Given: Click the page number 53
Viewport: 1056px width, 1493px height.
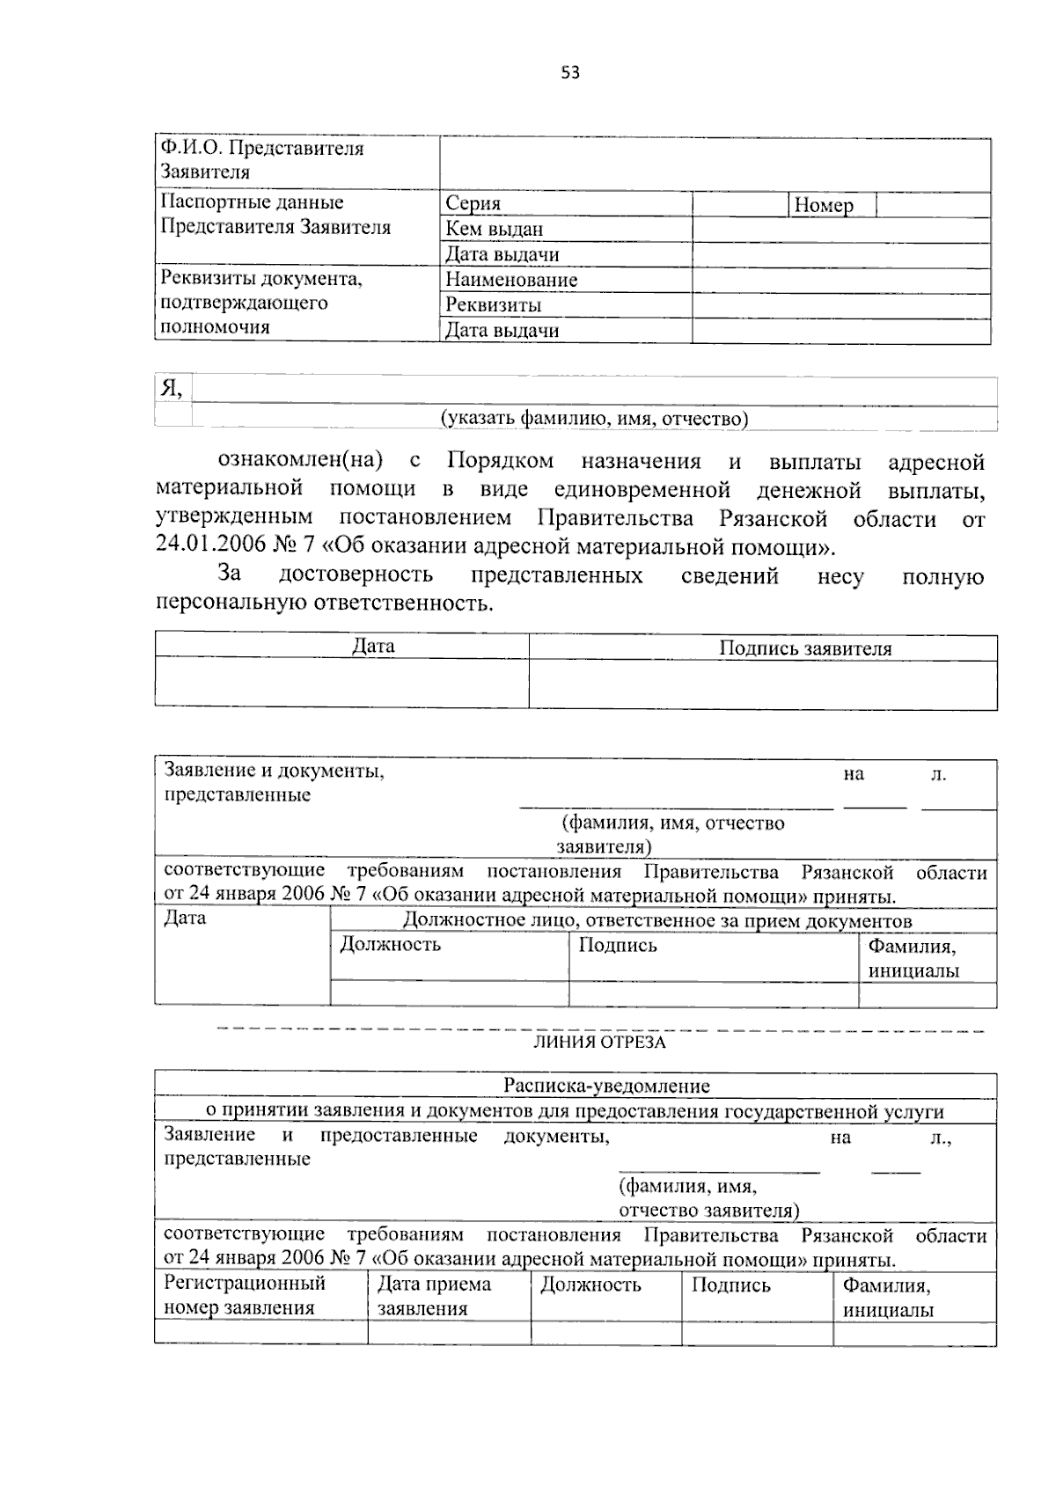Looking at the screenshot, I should click(570, 73).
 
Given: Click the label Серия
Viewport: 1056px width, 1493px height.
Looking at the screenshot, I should click(473, 204).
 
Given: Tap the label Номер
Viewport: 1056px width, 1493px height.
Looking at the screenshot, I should click(824, 206).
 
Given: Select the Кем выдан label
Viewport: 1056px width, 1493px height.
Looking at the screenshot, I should click(494, 230).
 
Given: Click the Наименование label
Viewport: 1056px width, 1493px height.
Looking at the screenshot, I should click(511, 281).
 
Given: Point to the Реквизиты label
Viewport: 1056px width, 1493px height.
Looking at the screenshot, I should click(493, 306).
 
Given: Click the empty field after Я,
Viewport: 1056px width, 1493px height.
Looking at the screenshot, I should click(594, 390).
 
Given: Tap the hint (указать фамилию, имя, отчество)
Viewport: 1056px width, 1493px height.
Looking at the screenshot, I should click(594, 419).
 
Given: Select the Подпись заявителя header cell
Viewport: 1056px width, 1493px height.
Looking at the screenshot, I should click(805, 649).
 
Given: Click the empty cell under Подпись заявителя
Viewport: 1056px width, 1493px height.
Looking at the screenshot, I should click(762, 684).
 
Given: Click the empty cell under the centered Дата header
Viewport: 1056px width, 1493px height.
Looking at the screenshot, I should click(341, 683).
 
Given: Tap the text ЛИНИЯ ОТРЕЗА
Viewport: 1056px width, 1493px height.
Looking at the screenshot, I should click(599, 1043).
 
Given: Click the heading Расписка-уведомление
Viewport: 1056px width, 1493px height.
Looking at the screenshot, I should click(606, 1086).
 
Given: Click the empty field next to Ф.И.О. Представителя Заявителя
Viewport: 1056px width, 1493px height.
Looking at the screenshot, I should click(715, 163).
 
